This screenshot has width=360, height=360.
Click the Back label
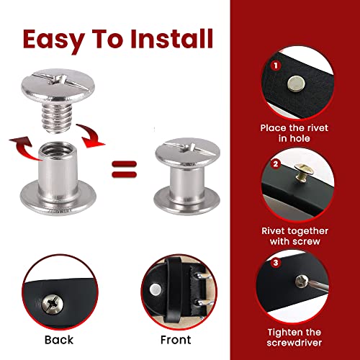[58, 336]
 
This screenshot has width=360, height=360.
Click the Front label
[176, 336]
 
